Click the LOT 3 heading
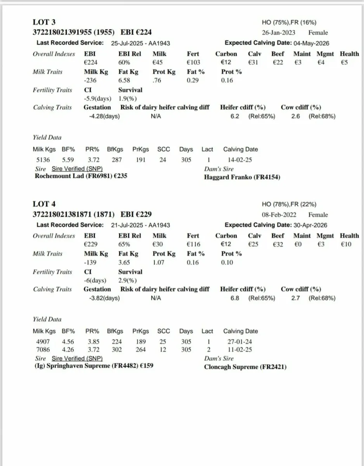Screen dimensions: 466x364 point(44,22)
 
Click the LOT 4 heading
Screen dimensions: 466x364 point(44,204)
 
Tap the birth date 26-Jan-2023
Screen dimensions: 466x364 point(279,33)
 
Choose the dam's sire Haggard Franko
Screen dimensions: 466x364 point(228,177)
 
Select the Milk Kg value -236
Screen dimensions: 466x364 point(90,80)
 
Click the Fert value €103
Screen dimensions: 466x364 point(192,62)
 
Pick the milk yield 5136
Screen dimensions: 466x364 point(40,159)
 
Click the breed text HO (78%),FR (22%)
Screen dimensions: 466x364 point(289,204)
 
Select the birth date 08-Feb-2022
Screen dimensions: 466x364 point(279,215)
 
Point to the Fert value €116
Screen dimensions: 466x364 point(192,244)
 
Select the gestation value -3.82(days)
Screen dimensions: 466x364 point(101,298)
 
